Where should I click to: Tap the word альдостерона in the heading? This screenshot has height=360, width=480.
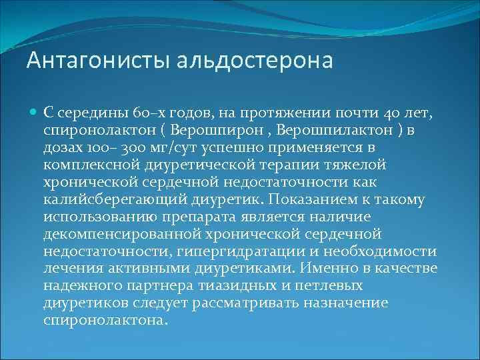[255, 61]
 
